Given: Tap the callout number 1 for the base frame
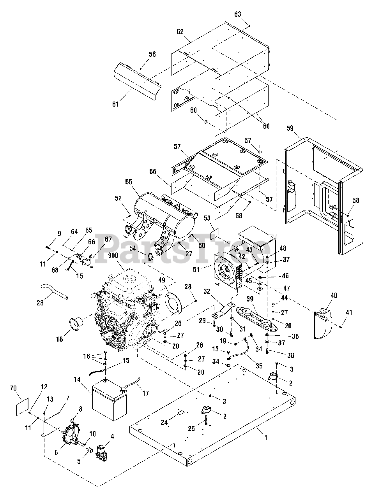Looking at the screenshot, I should (x=266, y=438).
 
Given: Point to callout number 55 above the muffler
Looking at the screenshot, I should (x=129, y=182).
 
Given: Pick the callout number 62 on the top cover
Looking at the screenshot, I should (x=180, y=32).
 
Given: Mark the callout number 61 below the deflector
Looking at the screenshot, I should (x=115, y=104).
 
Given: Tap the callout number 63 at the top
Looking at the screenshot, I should (x=238, y=14).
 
